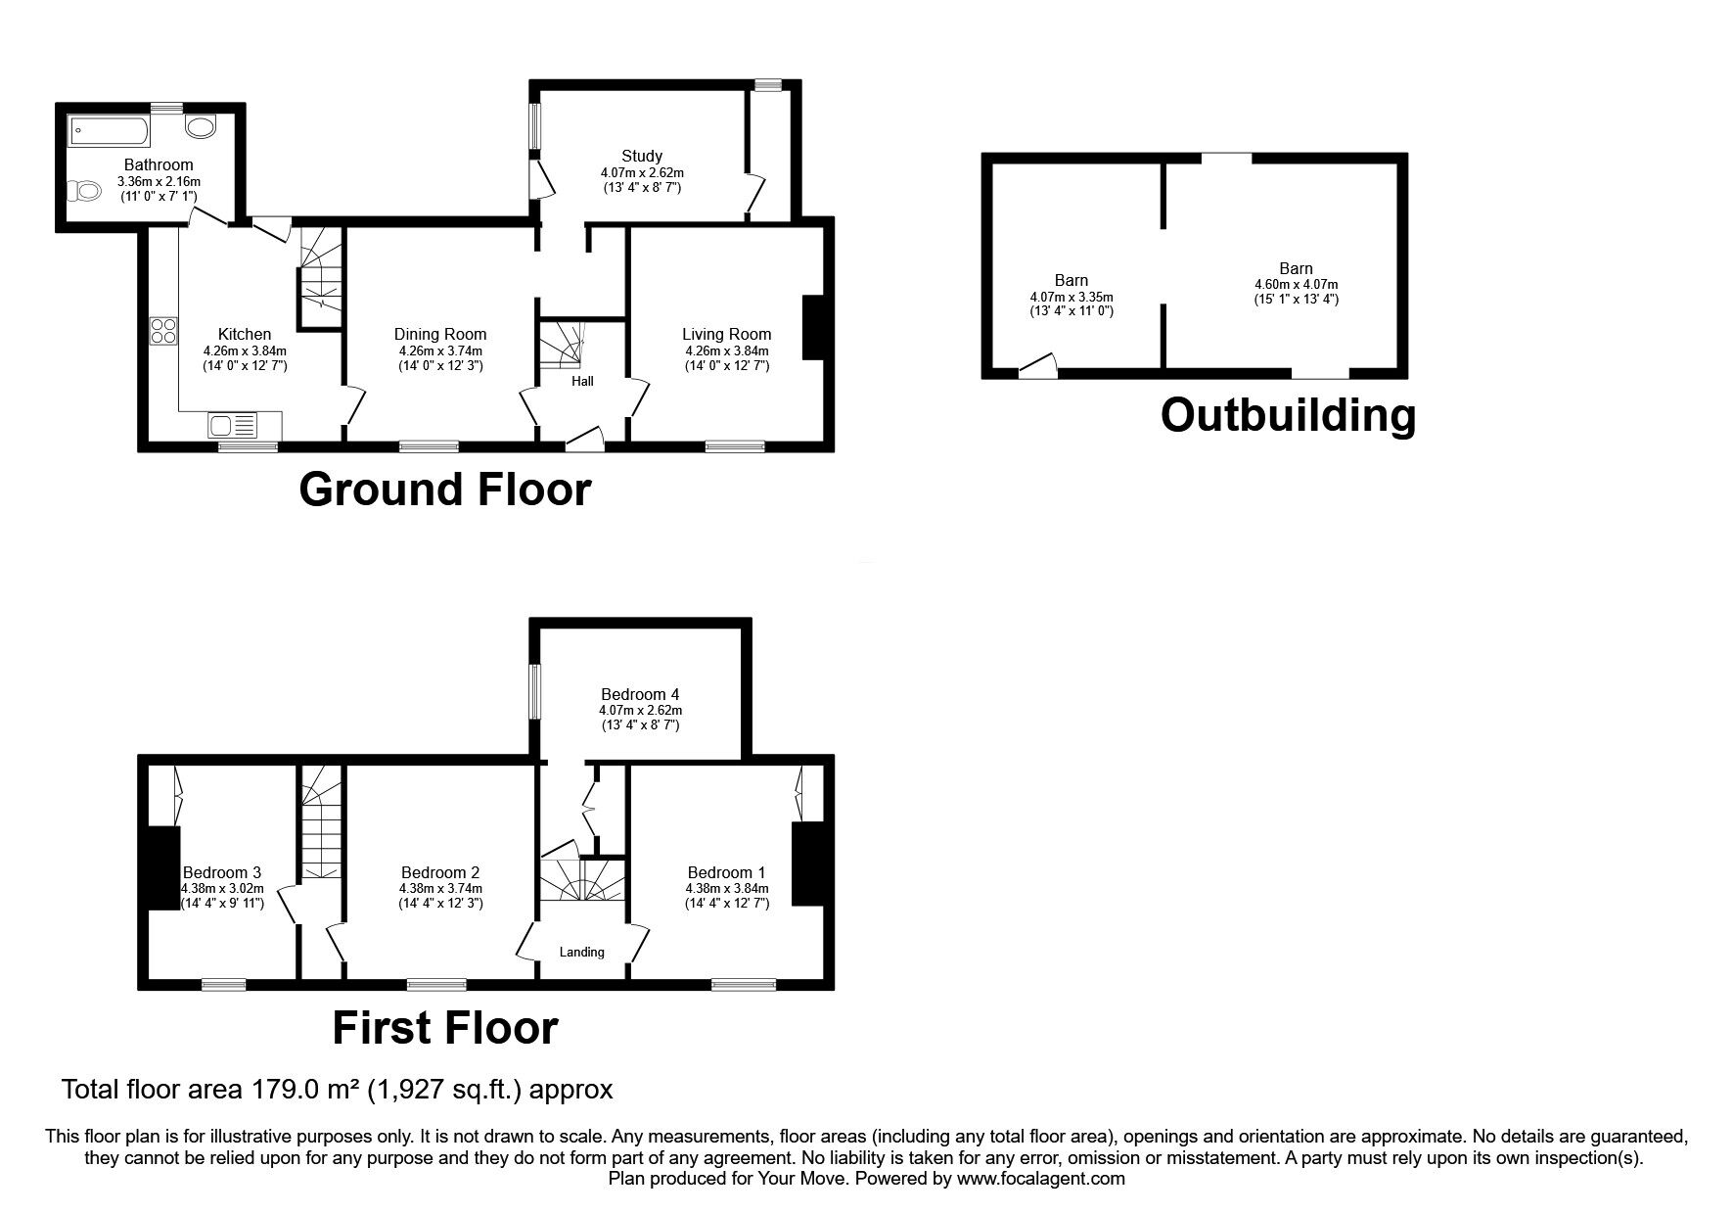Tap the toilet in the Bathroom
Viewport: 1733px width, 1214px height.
coord(84,191)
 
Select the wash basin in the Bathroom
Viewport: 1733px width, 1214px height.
coord(203,126)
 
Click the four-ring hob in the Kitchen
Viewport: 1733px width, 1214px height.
coord(162,331)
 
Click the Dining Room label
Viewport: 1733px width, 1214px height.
coord(440,334)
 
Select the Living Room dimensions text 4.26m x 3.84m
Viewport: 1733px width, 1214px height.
coord(726,350)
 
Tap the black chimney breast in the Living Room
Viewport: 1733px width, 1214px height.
coord(812,328)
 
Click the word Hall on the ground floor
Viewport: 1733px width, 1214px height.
coord(582,381)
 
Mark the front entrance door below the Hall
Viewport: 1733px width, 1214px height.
coord(585,443)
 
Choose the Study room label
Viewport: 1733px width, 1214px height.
coord(642,156)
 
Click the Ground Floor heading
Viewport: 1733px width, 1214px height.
coord(444,489)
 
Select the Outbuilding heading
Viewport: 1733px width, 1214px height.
coord(1287,415)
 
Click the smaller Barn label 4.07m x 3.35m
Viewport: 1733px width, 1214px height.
coord(1072,296)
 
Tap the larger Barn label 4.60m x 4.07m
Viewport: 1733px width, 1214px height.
coord(1296,284)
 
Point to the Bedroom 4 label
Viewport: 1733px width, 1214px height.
coord(640,695)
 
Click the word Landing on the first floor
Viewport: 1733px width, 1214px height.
coord(581,952)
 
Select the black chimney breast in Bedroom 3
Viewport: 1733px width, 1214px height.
coord(163,867)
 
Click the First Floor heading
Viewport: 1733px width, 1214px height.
coord(444,1028)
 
